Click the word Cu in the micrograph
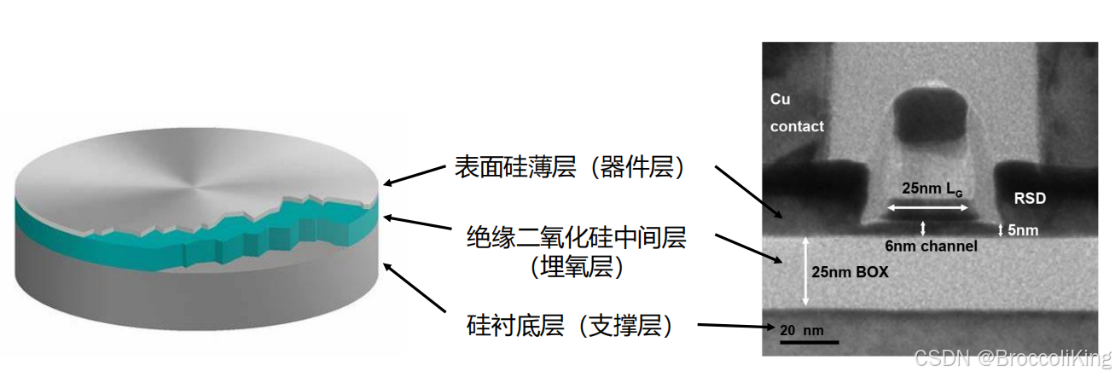coord(780,99)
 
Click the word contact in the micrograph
coord(797,126)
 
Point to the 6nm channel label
coord(930,246)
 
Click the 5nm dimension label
coord(1022,230)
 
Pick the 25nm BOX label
coord(851,273)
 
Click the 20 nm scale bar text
coord(801,328)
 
